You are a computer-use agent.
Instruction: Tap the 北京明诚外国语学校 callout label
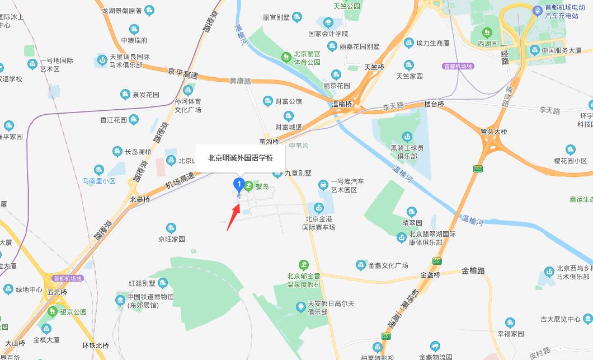click(x=240, y=158)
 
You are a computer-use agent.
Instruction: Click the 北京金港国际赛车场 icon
click(x=319, y=208)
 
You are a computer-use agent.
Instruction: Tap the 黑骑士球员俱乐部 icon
click(x=408, y=136)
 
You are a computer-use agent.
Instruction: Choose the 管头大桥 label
click(x=494, y=132)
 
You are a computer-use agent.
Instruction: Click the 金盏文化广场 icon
click(x=361, y=265)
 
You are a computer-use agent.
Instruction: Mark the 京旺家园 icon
click(x=171, y=228)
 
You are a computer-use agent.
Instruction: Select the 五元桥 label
click(x=57, y=292)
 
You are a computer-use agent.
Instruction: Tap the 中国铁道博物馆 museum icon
click(x=120, y=301)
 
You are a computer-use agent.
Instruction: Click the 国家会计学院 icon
click(x=328, y=22)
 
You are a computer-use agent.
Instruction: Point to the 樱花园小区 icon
click(x=570, y=149)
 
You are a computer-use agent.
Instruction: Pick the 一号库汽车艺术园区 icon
click(x=323, y=185)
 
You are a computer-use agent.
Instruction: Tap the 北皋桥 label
click(x=140, y=199)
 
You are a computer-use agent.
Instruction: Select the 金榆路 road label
click(x=473, y=271)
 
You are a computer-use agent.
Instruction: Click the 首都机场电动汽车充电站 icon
click(x=538, y=8)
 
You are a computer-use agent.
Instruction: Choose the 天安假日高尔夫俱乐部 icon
click(x=301, y=306)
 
